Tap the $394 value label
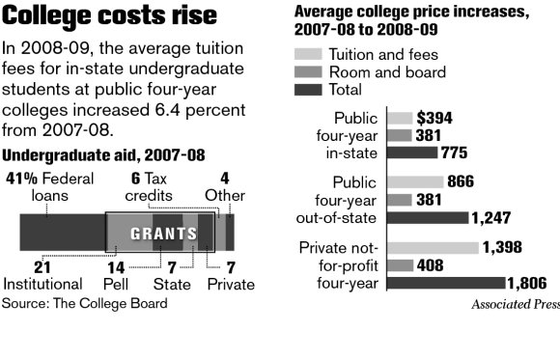pos(434,119)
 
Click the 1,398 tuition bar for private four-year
pos(432,248)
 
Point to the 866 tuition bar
pos(414,181)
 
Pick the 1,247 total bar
pos(427,217)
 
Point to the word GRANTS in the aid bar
pos(157,234)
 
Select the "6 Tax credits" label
pos(151,186)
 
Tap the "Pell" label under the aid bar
pos(115,284)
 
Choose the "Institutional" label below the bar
pos(42,284)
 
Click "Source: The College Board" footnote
pos(85,303)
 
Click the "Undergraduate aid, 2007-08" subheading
pos(103,155)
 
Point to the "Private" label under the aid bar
pos(231,284)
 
